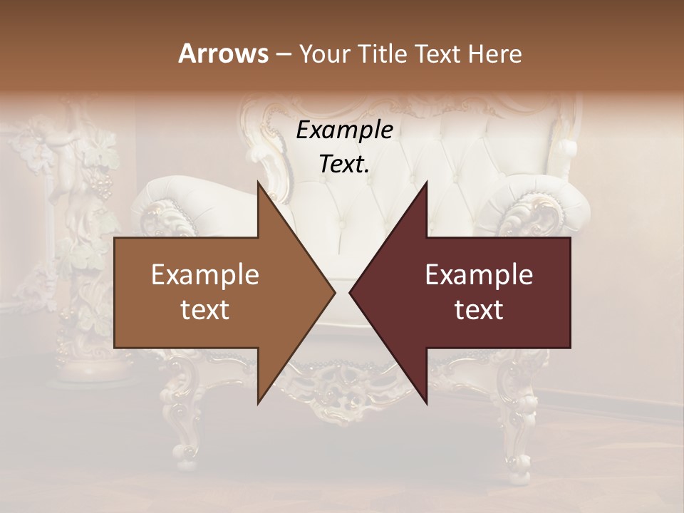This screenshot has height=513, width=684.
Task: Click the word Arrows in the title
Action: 223,53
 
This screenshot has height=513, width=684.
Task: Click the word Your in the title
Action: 326,53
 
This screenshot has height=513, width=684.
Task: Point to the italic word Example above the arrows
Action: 344,130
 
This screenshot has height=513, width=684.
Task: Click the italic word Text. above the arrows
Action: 344,165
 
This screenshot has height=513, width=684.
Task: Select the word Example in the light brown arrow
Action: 205,275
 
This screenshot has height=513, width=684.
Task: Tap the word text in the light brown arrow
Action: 205,310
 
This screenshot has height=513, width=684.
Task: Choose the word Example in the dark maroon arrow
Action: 479,275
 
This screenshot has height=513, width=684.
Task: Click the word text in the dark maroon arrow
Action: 479,310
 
